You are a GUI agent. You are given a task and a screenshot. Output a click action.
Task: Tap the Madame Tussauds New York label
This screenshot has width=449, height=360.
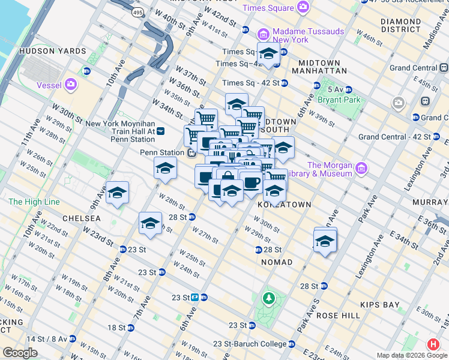click(x=299, y=35)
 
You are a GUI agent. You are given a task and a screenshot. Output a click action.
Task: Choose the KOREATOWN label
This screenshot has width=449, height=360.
click(x=284, y=205)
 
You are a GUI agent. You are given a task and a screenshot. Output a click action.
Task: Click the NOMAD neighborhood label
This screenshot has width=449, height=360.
click(x=277, y=262)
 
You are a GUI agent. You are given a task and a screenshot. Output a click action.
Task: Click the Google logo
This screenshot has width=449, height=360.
click(x=20, y=353)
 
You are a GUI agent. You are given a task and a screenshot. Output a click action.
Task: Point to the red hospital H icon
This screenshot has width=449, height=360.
click(x=432, y=344)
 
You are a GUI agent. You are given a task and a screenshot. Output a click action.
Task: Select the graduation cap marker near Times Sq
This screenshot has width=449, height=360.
click(x=268, y=53)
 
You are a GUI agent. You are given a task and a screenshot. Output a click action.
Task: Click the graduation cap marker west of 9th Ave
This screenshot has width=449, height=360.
click(x=118, y=193)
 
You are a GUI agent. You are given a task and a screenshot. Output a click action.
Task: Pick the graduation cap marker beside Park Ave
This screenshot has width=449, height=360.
click(x=325, y=241)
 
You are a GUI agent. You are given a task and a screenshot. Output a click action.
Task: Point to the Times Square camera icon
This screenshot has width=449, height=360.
click(x=303, y=7)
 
